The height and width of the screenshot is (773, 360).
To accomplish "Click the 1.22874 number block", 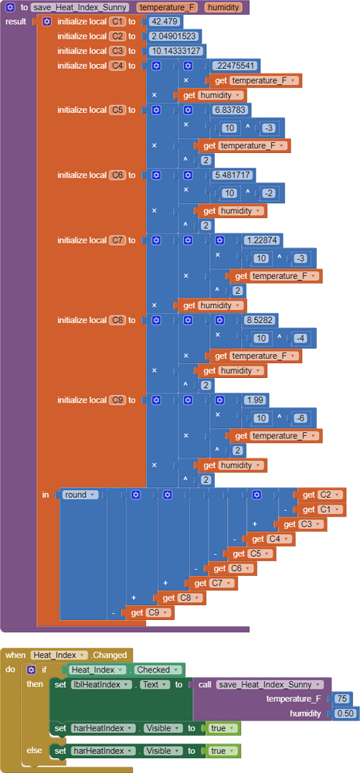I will (x=263, y=240).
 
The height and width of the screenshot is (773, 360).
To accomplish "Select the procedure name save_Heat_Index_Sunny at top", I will (x=81, y=7).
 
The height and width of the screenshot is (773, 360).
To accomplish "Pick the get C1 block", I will (x=322, y=509).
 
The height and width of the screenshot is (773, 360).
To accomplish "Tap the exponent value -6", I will (x=301, y=418).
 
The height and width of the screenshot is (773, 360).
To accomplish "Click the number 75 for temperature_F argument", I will (x=341, y=699).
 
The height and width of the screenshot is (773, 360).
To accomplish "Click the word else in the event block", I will (x=35, y=751).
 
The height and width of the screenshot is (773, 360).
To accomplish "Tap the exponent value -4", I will (x=301, y=338).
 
